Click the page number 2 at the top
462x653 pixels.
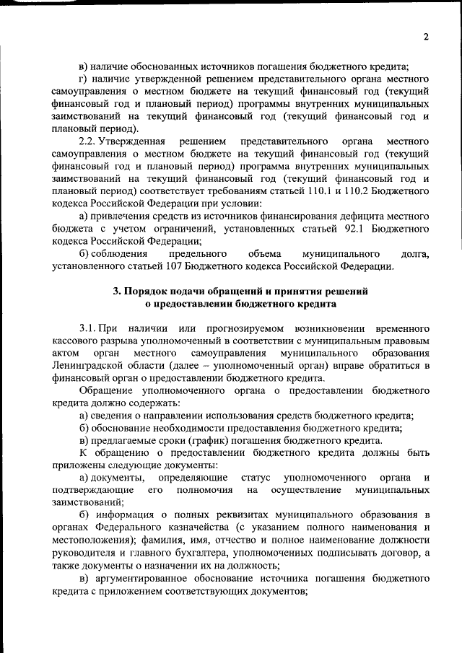(x=427, y=37)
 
